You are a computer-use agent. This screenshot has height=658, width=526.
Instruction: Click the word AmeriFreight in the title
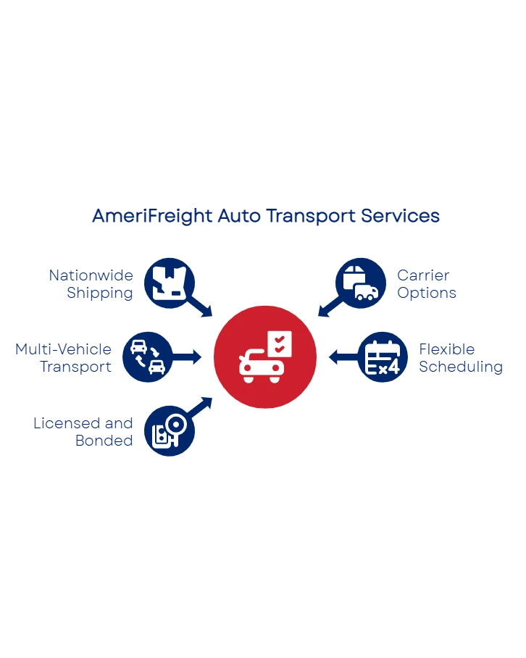point(151,216)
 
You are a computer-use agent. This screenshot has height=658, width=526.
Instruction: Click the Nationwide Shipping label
point(91,285)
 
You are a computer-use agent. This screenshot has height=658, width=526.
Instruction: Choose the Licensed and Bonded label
point(83,431)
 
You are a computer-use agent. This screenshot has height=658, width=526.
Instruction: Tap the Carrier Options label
point(427,285)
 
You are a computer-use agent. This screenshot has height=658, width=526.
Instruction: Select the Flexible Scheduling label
point(461,358)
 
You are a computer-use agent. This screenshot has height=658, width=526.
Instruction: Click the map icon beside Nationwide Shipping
point(169,283)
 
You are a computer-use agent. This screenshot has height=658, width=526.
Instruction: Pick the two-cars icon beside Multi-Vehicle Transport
point(147,357)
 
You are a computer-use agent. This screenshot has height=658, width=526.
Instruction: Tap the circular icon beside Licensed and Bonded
point(170,430)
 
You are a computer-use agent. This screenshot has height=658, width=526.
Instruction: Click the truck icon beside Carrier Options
point(360,283)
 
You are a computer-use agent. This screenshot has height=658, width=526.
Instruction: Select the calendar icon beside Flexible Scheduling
point(383,357)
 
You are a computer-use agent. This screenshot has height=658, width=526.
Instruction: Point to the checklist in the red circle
point(279,342)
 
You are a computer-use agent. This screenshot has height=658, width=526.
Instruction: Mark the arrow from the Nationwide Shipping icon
point(202,307)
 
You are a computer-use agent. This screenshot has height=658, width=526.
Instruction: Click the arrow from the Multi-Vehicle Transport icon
point(188,357)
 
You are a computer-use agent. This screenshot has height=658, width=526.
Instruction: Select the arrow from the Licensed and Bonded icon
point(202,406)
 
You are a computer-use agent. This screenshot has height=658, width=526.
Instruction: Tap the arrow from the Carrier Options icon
point(327,307)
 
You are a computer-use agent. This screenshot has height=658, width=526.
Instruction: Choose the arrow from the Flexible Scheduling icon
point(342,357)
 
